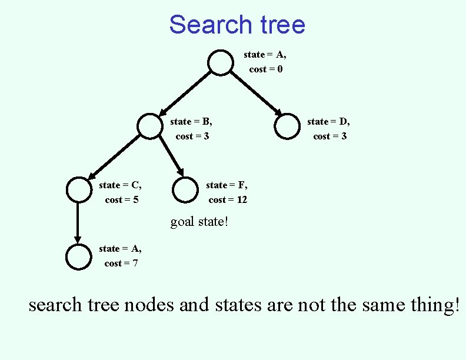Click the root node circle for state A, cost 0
click(x=221, y=63)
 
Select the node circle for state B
click(x=149, y=126)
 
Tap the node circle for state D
click(x=287, y=126)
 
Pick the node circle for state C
click(x=78, y=189)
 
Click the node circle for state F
click(x=185, y=189)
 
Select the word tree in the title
click(x=279, y=25)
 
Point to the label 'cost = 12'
click(x=228, y=200)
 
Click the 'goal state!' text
click(x=199, y=222)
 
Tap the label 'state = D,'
click(x=328, y=122)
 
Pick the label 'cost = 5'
click(x=122, y=200)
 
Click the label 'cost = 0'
click(x=266, y=69)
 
